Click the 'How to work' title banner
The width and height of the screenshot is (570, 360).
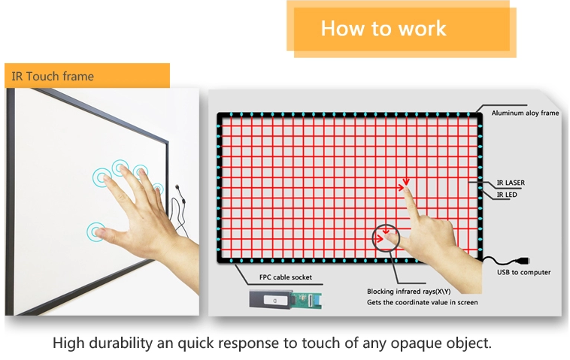(384, 29)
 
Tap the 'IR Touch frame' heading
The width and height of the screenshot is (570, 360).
(52, 76)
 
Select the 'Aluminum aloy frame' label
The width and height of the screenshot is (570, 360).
(525, 113)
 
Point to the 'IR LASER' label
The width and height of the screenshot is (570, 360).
(511, 183)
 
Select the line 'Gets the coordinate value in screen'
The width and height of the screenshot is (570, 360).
(422, 302)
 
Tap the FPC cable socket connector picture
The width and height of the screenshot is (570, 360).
(285, 301)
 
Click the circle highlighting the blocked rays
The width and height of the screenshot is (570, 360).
(388, 238)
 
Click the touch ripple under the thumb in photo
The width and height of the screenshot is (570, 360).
(96, 231)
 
